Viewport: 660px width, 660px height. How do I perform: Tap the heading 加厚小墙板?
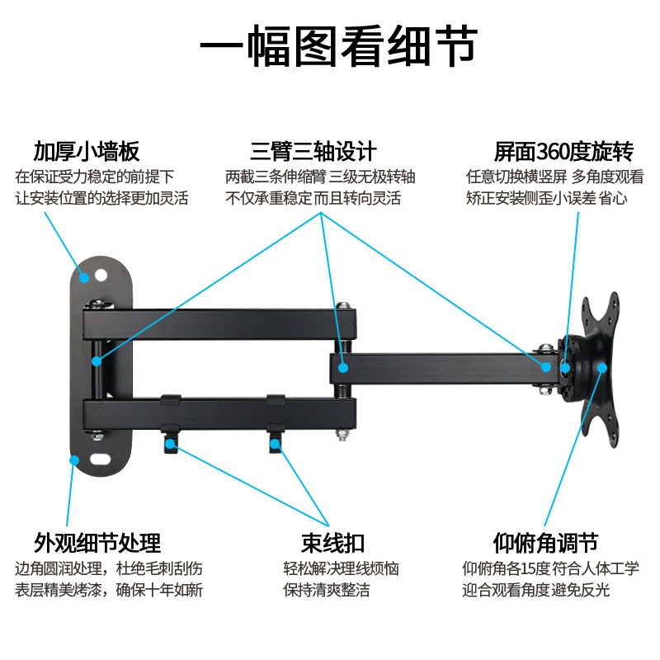coord(87,152)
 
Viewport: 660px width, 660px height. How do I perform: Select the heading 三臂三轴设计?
coord(313,152)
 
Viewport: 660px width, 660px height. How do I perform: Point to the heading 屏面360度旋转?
coord(563,152)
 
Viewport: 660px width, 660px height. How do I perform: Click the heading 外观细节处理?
coord(97,543)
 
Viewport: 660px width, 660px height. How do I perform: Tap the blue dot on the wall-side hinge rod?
coord(97,361)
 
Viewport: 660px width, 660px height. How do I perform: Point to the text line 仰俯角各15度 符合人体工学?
coord(550,568)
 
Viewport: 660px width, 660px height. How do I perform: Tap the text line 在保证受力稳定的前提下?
coord(95,177)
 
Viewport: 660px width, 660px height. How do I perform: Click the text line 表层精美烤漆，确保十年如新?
coord(109,590)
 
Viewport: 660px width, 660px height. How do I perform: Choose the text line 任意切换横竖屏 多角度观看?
coord(555,177)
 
